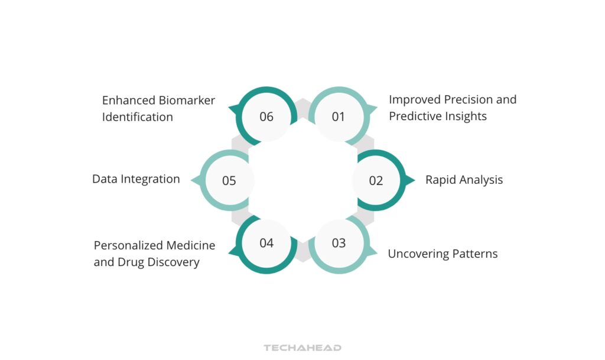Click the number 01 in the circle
(338, 116)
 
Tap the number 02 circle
(376, 180)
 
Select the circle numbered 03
(339, 243)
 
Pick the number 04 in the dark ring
(266, 243)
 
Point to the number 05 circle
(229, 180)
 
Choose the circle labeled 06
(266, 116)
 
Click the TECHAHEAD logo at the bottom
(302, 348)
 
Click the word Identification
(137, 117)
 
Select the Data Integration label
(136, 179)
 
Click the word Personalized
(129, 245)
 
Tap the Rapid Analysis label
(464, 180)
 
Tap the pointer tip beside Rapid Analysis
(412, 180)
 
